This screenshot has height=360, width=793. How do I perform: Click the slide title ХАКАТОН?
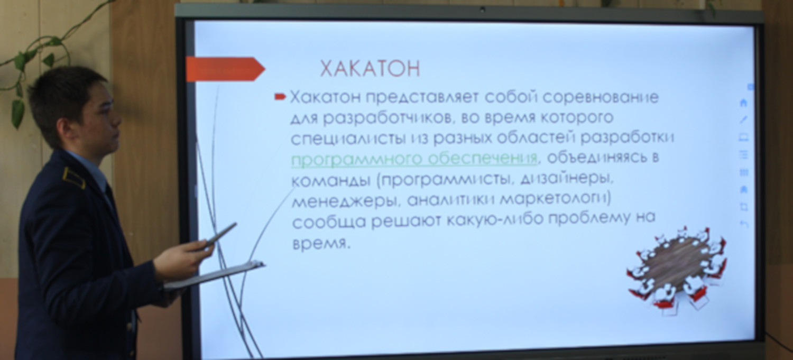(370, 69)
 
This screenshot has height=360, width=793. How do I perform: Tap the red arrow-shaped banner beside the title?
(225, 69)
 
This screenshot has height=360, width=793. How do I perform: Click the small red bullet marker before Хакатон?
(280, 96)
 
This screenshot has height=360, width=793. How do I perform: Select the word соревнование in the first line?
(601, 97)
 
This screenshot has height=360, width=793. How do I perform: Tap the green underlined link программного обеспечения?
(414, 159)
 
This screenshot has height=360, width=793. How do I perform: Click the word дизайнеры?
(566, 179)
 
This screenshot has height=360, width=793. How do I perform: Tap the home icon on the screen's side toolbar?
(743, 103)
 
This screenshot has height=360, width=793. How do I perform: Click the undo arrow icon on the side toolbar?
(744, 224)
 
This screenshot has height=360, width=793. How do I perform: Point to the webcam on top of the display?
(482, 10)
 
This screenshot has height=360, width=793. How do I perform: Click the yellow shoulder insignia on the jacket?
(74, 178)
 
